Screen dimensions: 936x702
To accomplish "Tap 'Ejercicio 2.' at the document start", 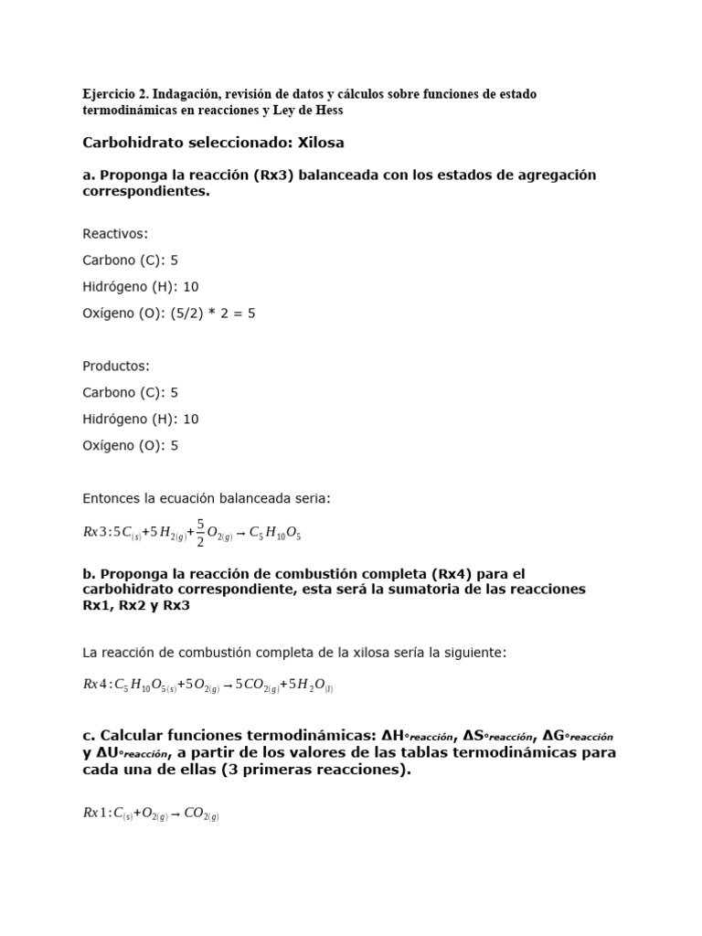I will coord(115,94).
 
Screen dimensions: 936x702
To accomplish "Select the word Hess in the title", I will coord(328,110).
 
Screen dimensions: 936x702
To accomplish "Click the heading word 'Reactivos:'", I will coord(115,234).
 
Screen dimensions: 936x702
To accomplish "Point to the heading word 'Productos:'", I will coord(116,367).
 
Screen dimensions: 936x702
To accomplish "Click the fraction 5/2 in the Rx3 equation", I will coord(200,534).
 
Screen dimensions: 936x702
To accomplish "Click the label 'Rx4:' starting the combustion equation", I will coord(96,685).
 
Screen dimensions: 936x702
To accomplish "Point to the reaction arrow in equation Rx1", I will coord(175,813).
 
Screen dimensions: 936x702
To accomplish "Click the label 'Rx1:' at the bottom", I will coord(96,813).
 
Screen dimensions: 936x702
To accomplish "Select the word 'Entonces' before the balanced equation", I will coord(112,499).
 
